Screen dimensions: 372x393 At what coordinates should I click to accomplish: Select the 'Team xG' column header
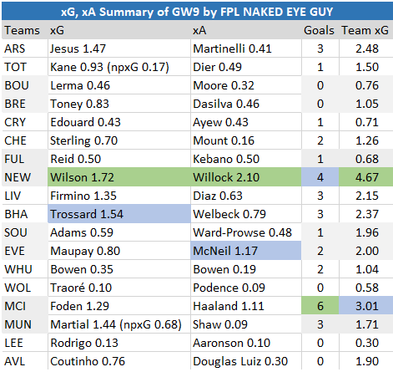click(x=365, y=30)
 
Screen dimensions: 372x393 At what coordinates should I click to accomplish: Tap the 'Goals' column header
click(x=320, y=30)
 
